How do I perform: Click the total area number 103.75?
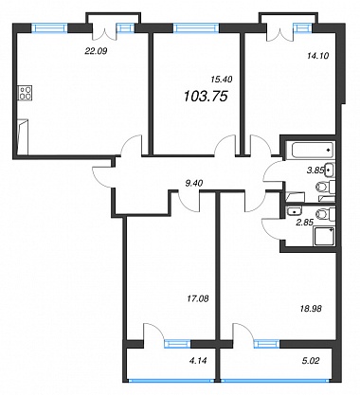click(206, 96)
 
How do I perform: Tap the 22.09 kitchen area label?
click(96, 50)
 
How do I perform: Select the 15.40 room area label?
click(222, 80)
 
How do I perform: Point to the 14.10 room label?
click(318, 56)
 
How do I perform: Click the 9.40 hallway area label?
click(194, 183)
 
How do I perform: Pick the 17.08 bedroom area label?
click(198, 298)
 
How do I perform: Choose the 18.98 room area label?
click(310, 309)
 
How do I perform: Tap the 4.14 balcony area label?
click(199, 360)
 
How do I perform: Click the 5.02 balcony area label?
click(311, 360)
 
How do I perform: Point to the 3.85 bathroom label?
click(315, 171)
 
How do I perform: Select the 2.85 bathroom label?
click(304, 223)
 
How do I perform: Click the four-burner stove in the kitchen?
click(26, 93)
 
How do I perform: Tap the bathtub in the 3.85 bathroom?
click(310, 150)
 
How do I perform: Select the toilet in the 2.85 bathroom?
click(326, 214)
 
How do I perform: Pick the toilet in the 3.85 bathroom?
click(326, 187)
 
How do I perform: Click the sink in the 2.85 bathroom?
click(294, 211)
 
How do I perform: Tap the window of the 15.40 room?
click(196, 28)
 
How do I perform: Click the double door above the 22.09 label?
click(104, 32)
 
